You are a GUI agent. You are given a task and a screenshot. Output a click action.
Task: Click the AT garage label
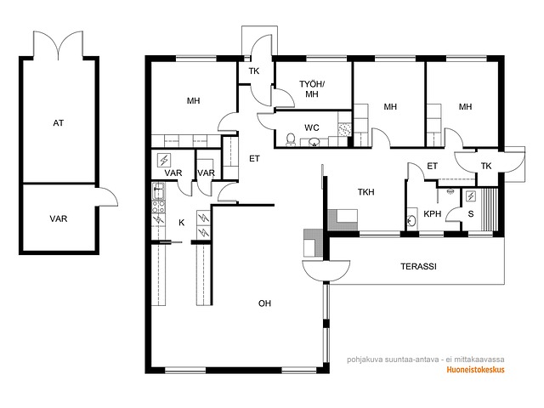pos(59,122)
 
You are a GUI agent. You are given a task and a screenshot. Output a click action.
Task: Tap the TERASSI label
pos(418,266)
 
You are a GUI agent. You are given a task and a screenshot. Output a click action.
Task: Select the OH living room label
pos(264,303)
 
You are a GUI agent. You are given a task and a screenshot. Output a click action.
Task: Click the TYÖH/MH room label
pos(312,89)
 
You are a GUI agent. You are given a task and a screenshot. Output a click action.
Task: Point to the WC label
pos(312,127)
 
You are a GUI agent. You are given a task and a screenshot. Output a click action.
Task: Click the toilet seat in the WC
pos(291,139)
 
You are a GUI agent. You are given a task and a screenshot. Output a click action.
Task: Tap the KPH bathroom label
pos(433,214)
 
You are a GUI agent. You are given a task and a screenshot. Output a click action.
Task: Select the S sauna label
pos(471,213)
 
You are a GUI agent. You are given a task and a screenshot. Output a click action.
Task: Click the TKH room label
pos(366,192)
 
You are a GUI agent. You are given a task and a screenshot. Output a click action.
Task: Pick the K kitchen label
pos(181,223)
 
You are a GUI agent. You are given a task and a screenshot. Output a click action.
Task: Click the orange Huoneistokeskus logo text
pos(475,370)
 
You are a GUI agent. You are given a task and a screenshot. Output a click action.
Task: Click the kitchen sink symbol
pos(159,190)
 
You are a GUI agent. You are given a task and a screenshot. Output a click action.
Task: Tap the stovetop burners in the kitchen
pos(159,207)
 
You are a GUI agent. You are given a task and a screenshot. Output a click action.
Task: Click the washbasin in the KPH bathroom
pos(411,219)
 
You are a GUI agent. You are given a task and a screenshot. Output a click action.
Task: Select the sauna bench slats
pos(490,209)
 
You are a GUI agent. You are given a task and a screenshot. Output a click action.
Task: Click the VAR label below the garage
pos(59,218)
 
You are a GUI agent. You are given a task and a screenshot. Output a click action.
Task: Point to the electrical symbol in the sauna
pos(471,196)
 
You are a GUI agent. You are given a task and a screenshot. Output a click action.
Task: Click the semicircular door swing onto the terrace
pos(326,270)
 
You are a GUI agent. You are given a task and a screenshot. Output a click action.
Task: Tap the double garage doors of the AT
pos(58,45)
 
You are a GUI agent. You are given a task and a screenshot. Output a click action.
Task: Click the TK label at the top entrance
pos(254,71)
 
